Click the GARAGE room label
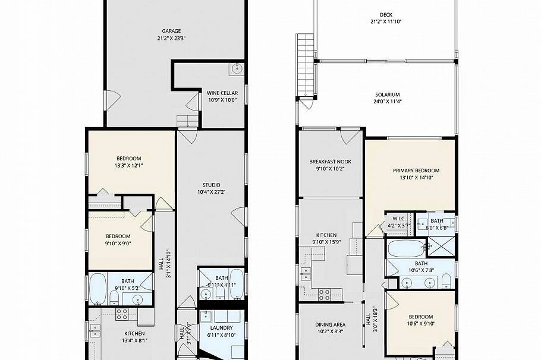tap(171, 31)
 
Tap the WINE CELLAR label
tap(222, 93)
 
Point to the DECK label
tap(386, 15)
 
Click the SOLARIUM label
tap(387, 94)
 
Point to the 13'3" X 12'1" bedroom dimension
tap(128, 166)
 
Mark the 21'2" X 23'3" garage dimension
tap(171, 39)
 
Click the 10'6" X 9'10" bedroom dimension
tap(420, 324)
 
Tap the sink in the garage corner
tap(237, 68)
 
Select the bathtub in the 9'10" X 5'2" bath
tap(98, 288)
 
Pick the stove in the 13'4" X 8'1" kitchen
tap(122, 314)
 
